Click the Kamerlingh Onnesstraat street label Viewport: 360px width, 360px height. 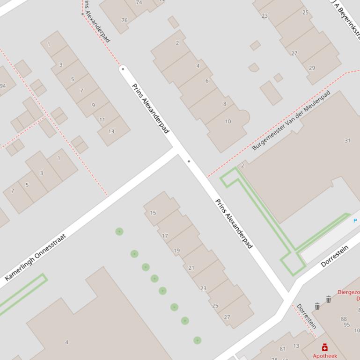36,257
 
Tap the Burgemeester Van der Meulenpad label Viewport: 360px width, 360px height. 291,120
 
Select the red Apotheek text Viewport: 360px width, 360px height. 324,356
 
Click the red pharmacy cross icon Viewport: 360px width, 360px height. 325,347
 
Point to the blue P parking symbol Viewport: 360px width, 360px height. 355,220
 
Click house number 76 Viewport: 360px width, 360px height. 125,20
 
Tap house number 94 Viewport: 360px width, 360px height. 3,86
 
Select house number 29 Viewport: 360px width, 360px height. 312,68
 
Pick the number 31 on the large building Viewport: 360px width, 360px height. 347,140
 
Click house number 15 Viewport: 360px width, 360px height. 153,213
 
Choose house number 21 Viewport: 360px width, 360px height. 191,268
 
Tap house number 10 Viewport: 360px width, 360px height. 228,121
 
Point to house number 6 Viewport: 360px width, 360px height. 207,81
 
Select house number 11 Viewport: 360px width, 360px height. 102,120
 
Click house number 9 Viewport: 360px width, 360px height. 93,105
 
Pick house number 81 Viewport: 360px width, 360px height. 282,349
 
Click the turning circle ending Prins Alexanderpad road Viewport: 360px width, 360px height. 123,69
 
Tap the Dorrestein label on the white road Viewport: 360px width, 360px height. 335,256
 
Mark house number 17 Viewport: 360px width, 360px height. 165,236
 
